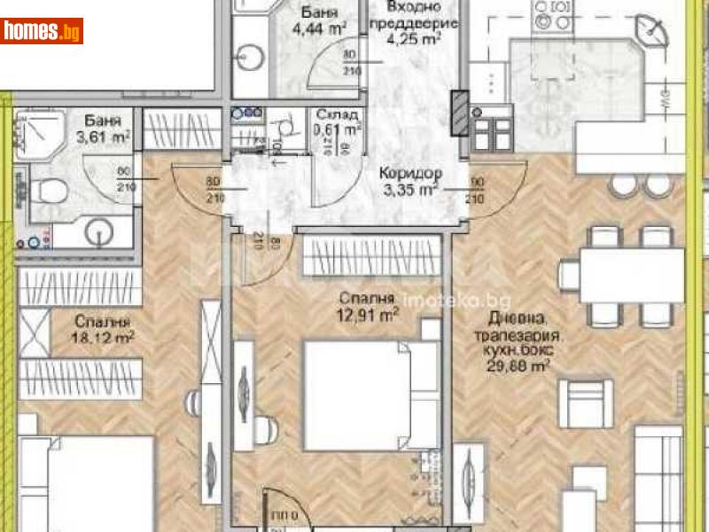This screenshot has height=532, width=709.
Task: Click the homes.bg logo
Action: [42, 31]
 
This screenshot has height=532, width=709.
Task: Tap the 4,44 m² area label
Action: [300, 29]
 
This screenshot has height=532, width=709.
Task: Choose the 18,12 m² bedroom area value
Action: [104, 337]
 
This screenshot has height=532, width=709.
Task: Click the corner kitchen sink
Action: [656, 35]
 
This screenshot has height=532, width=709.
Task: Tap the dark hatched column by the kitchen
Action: [460, 113]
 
